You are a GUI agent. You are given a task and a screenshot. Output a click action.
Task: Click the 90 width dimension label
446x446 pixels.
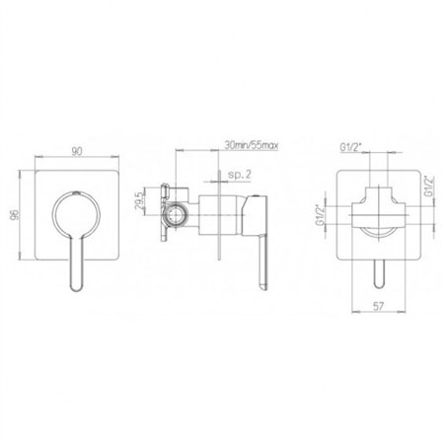77,152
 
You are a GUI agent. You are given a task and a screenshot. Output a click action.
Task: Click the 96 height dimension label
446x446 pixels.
15,214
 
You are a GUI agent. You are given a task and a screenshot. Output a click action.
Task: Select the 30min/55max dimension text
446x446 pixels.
252,145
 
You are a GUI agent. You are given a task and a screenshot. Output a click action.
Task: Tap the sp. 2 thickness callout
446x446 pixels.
240,175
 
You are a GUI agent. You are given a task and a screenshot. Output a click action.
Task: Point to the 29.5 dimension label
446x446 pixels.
139,201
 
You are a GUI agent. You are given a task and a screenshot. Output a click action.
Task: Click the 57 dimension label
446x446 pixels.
378,306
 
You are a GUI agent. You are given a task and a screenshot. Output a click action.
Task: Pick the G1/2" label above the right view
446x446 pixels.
351,148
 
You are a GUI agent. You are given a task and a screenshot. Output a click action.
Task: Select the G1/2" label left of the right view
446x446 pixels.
319,215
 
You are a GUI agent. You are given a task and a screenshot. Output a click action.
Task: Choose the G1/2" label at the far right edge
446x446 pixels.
430,186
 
